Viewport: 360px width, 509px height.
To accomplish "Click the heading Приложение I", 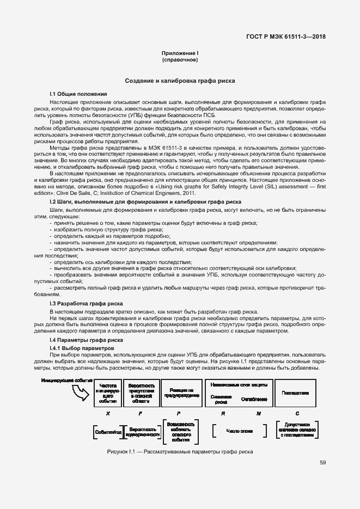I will [x=180, y=53].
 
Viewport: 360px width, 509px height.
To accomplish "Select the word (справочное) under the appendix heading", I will [x=180, y=60].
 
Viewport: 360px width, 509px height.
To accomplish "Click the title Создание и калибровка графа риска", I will [x=180, y=81].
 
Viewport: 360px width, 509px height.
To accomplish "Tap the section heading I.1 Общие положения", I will [x=78, y=94].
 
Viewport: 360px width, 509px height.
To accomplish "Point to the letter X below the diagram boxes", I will [x=108, y=414].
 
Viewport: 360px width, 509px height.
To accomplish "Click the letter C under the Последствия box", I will [x=297, y=414].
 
